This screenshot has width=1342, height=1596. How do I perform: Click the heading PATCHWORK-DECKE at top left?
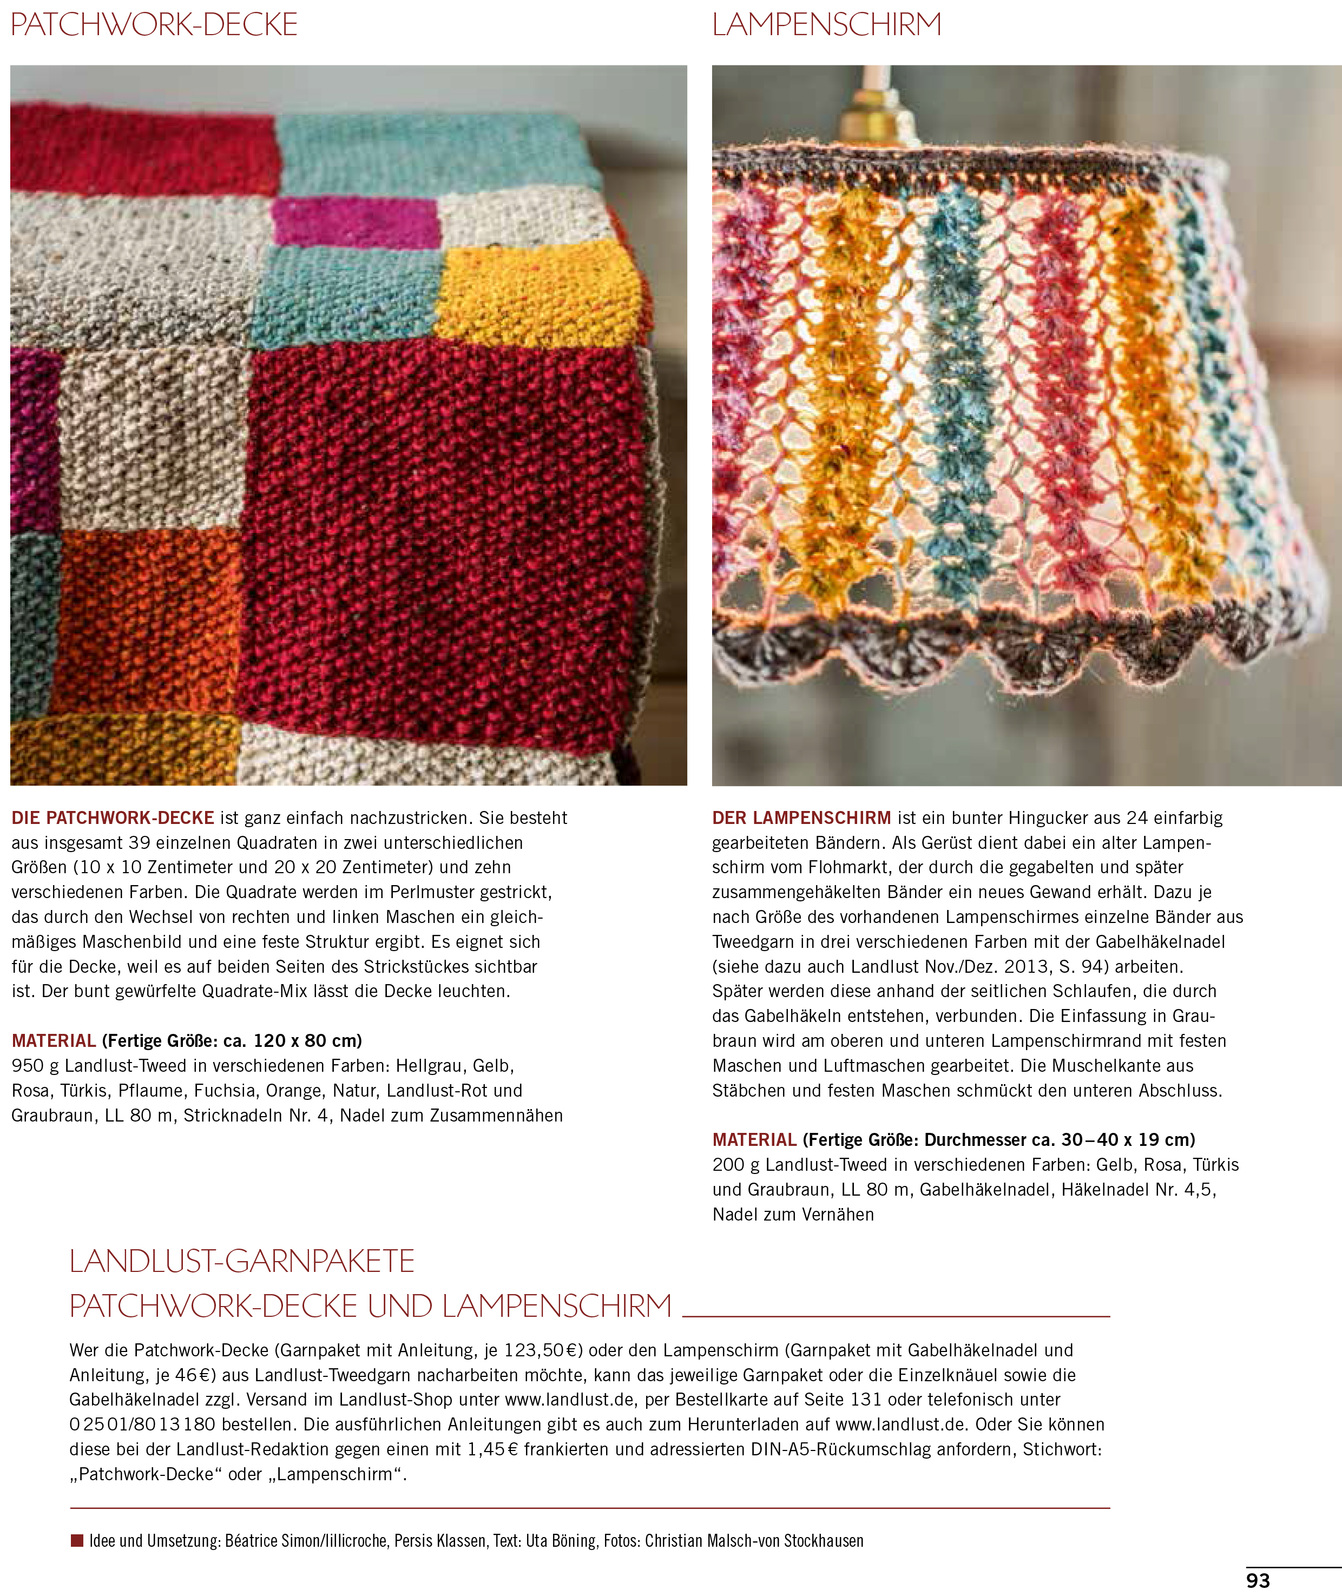154,25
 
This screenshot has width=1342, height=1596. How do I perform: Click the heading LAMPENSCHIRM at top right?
826,25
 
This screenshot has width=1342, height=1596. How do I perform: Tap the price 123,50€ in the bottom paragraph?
543,1350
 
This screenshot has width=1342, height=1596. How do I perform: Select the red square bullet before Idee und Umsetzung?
77,1540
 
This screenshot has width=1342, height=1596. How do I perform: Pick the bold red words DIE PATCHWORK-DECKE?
113,818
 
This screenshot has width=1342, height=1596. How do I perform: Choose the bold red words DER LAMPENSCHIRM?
801,818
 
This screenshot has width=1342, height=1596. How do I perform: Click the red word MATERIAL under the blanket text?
53,1041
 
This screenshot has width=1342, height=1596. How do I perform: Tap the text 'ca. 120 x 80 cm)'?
292,1041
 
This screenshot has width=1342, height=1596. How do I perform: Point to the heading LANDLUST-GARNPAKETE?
242,1261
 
